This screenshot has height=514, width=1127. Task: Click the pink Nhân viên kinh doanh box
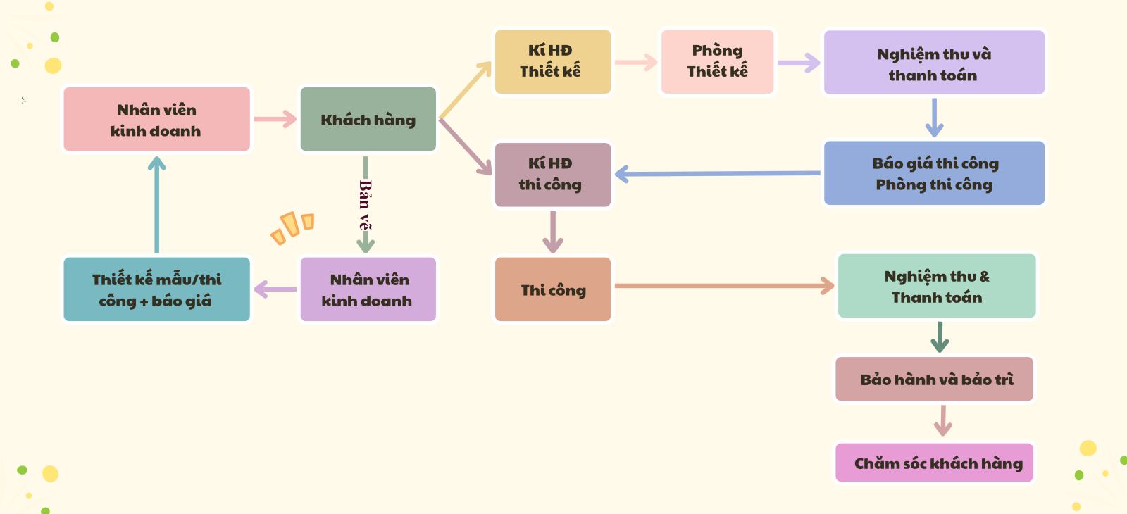tap(156, 120)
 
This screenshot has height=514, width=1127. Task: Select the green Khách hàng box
tap(368, 120)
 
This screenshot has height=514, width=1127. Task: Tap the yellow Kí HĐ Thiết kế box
tap(552, 61)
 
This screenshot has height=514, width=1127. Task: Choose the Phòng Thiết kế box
tap(717, 61)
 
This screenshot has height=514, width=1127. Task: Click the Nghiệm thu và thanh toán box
tap(934, 63)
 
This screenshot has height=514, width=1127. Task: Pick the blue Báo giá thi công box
tap(934, 173)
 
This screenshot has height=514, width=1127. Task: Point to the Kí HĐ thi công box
tap(552, 175)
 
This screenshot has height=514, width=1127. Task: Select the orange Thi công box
tap(552, 289)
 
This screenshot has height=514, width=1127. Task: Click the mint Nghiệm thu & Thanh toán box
tap(937, 287)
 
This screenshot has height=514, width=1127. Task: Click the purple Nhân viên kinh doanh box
tap(368, 289)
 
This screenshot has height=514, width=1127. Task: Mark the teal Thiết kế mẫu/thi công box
tap(156, 289)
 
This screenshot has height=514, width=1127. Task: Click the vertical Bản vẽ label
tap(365, 204)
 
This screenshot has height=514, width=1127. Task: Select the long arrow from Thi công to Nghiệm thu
tap(722, 286)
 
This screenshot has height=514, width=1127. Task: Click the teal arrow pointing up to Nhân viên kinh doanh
tap(156, 204)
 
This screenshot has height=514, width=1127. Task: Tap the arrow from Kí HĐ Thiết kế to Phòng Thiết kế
tap(635, 63)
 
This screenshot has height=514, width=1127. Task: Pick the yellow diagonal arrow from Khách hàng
tap(465, 90)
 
